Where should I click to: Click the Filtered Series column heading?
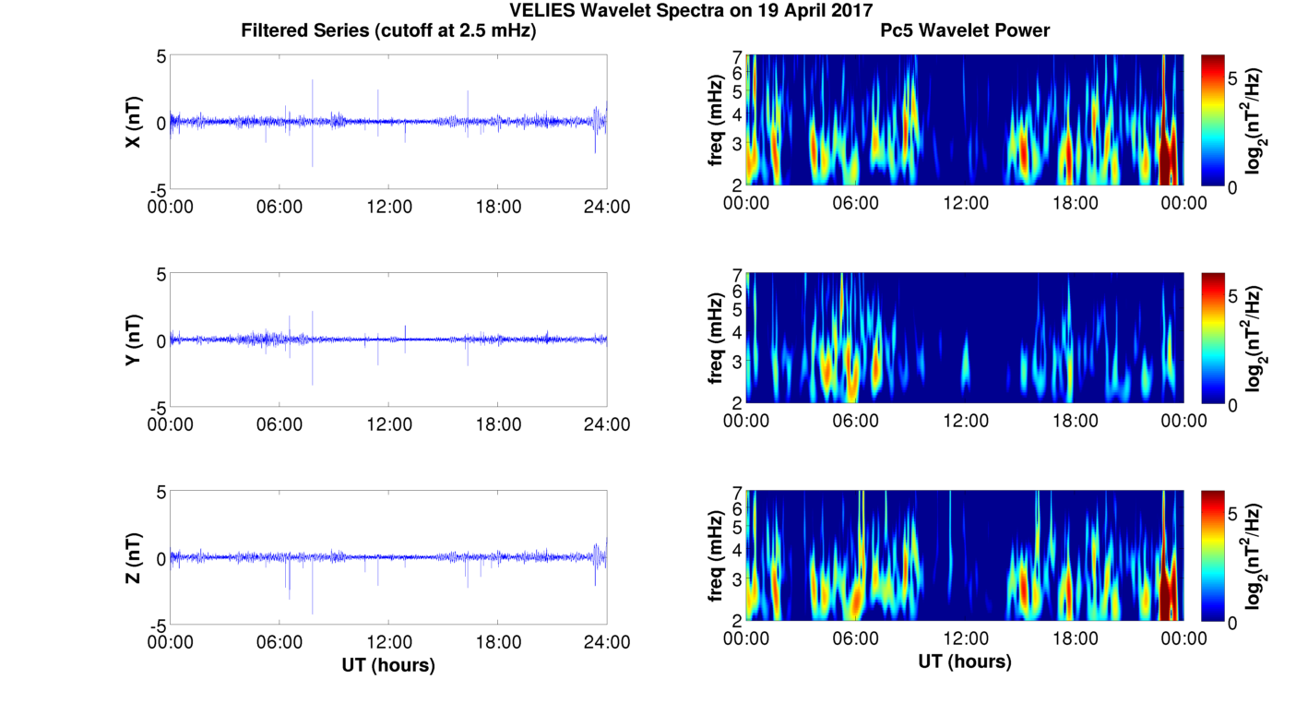pos(388,31)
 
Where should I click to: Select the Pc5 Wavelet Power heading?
pos(965,31)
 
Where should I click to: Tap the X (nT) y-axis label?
pos(134,122)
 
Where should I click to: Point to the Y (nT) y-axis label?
pos(134,340)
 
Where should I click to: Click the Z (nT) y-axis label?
pos(134,558)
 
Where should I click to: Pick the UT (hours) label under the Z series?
pos(388,664)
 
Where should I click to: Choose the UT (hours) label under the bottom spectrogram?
pos(965,661)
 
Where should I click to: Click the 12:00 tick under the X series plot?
pos(388,207)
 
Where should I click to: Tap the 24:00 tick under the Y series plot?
pos(607,424)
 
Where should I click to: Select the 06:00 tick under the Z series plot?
pos(279,642)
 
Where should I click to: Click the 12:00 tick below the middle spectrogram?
pos(965,421)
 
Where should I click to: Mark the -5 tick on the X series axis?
pos(158,189)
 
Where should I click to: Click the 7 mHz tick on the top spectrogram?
pos(737,57)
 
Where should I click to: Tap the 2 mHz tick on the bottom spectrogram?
pos(737,619)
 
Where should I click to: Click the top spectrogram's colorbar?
pos(1213,121)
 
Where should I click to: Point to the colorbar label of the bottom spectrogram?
pos(1254,556)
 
